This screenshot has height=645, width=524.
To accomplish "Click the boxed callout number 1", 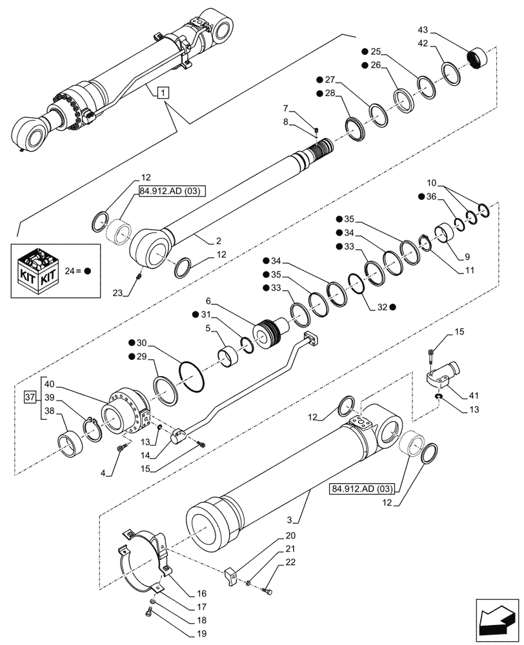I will pyautogui.click(x=162, y=93).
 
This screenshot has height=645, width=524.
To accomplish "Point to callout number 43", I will pyautogui.click(x=423, y=30).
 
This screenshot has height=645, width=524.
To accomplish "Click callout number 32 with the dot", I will pyautogui.click(x=383, y=307).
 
